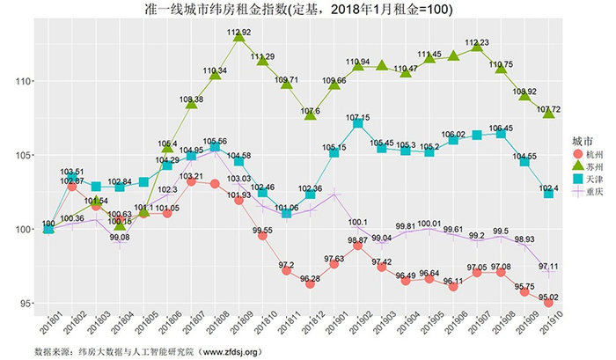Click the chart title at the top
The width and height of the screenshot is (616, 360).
pos(308,9)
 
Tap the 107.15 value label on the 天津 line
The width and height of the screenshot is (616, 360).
pos(358,118)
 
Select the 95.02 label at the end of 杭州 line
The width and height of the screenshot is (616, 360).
pos(548,298)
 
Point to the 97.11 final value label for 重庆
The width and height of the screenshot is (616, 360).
pos(548,266)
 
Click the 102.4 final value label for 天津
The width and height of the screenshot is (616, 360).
pos(548,187)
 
